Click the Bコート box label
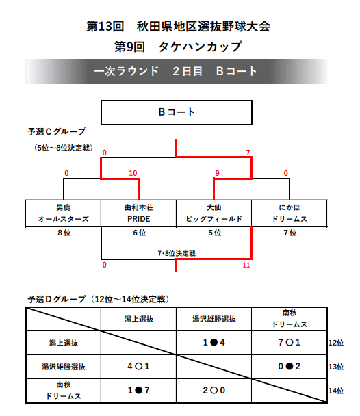point(177,112)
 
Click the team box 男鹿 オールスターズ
point(64,213)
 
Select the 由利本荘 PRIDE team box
point(139,213)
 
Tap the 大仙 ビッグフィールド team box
point(214,213)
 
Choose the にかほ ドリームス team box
point(290,213)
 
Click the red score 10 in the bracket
point(133,173)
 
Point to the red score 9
point(217,173)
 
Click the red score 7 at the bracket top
point(248,153)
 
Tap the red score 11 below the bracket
point(246,265)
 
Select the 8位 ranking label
point(64,233)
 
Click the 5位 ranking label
point(215,233)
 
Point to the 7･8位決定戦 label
point(177,253)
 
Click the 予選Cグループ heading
point(57,131)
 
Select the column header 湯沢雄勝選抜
point(214,319)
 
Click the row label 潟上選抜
point(64,343)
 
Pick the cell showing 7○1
point(290,343)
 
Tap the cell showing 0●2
point(290,366)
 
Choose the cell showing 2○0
point(214,390)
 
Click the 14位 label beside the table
point(336,391)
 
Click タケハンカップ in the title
point(201,47)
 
